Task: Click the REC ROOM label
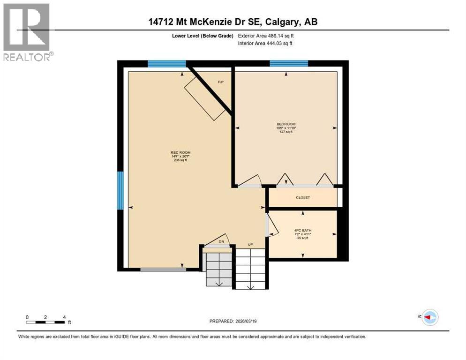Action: coord(180,153)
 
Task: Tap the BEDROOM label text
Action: coord(286,124)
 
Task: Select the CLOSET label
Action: coord(302,197)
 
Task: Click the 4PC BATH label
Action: coord(302,230)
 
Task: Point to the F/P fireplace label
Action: coord(220,82)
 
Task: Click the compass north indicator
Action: coord(429,317)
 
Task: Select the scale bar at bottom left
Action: coord(45,322)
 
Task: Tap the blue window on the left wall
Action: coord(120,190)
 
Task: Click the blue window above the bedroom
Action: coord(288,63)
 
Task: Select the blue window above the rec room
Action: coord(166,63)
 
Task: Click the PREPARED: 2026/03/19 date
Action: coord(233,321)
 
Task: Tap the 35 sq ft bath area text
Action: coord(302,238)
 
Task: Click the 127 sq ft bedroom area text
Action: coord(286,132)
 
